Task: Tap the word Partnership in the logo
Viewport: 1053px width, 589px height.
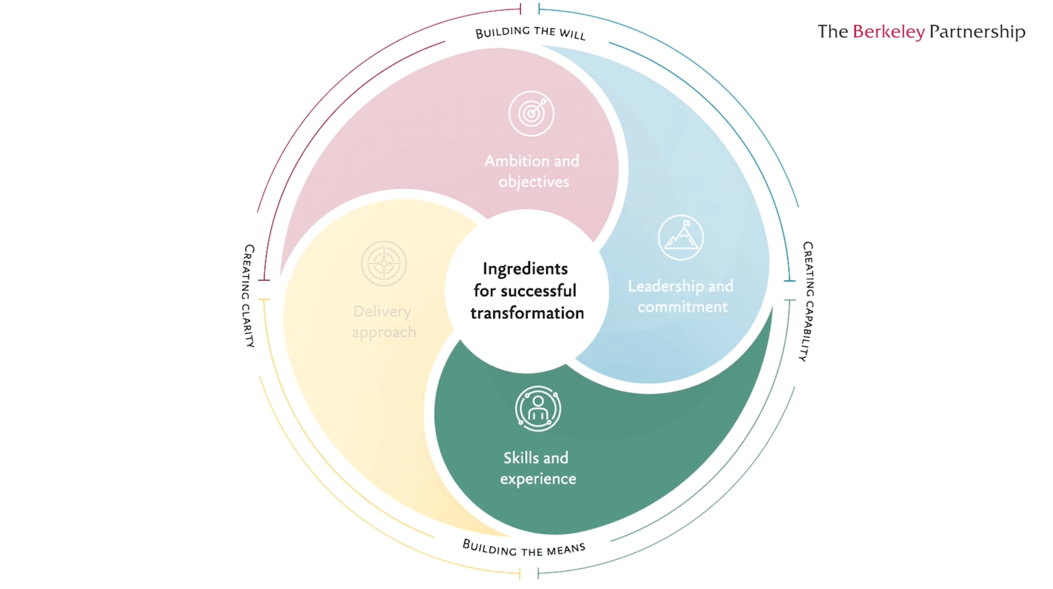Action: point(977,32)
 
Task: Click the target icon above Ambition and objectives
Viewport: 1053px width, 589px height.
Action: point(531,114)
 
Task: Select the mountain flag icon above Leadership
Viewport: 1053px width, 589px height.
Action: point(681,237)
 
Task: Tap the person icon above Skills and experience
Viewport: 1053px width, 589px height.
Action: point(538,408)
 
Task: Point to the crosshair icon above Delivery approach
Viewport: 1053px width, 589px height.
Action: point(384,263)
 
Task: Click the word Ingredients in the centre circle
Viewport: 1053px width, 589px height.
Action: point(525,269)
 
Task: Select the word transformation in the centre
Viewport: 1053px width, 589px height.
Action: point(527,313)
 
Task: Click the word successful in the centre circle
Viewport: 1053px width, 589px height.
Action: point(538,291)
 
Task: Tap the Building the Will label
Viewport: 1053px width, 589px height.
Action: point(530,32)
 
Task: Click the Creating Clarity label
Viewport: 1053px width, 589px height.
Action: point(248,296)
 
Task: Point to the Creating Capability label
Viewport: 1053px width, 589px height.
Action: point(807,301)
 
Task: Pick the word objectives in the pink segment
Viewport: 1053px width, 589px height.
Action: point(534,182)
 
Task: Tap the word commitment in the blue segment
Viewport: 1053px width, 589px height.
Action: point(683,307)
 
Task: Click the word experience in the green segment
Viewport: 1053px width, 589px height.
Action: point(538,479)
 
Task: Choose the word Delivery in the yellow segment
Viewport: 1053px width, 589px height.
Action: point(382,312)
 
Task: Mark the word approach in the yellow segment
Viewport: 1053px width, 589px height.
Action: point(384,333)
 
